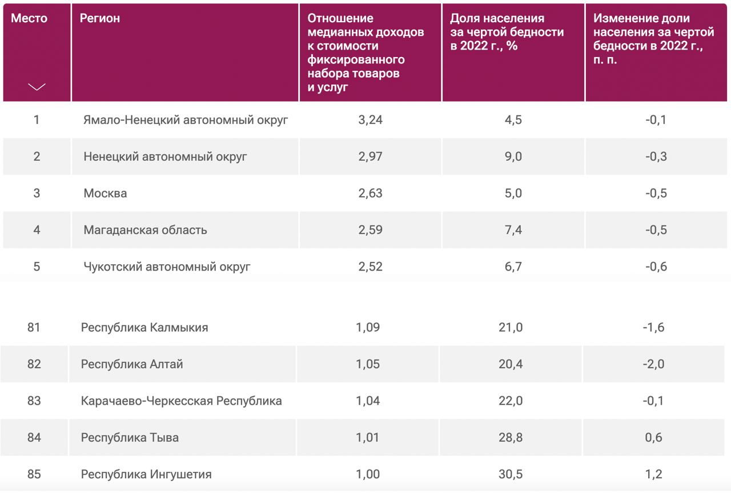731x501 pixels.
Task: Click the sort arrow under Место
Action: pyautogui.click(x=37, y=87)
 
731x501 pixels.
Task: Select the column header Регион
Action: pyautogui.click(x=100, y=18)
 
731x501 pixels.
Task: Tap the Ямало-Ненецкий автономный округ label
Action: pyautogui.click(x=186, y=120)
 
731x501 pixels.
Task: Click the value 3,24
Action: pyautogui.click(x=370, y=120)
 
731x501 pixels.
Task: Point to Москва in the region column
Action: pyautogui.click(x=105, y=193)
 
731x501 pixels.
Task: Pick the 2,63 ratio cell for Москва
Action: pyautogui.click(x=370, y=193)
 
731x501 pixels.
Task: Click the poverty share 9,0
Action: pyautogui.click(x=513, y=156)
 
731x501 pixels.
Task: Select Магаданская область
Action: pyautogui.click(x=145, y=230)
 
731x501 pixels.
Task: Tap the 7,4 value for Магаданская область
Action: pyautogui.click(x=513, y=230)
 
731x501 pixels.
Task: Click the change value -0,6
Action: pyautogui.click(x=656, y=266)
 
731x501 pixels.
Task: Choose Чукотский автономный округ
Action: pyautogui.click(x=167, y=266)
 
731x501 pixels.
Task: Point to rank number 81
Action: pyautogui.click(x=34, y=328)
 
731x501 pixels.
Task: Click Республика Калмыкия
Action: pyautogui.click(x=144, y=328)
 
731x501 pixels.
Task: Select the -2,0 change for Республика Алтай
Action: pyautogui.click(x=653, y=364)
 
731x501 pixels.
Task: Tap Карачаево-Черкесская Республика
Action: pyautogui.click(x=181, y=401)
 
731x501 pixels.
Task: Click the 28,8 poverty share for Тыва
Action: pyautogui.click(x=511, y=438)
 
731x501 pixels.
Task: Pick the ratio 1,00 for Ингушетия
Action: pyautogui.click(x=368, y=474)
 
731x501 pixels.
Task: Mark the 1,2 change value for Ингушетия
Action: pyautogui.click(x=654, y=474)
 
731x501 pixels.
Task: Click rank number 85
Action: pyautogui.click(x=34, y=474)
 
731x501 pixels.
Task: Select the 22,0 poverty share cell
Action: pyautogui.click(x=511, y=401)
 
